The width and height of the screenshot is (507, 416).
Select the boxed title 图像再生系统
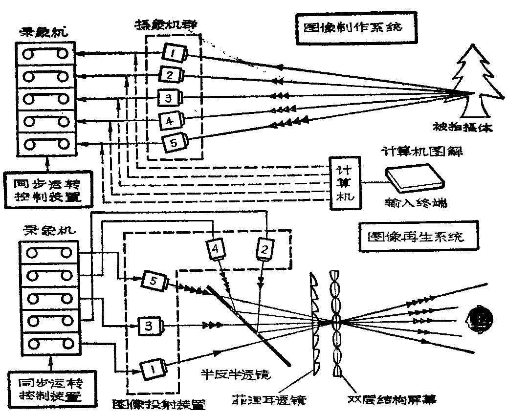(x=417, y=238)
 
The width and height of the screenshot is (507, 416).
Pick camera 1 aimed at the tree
(x=174, y=53)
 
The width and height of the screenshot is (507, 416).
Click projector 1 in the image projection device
(x=153, y=368)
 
